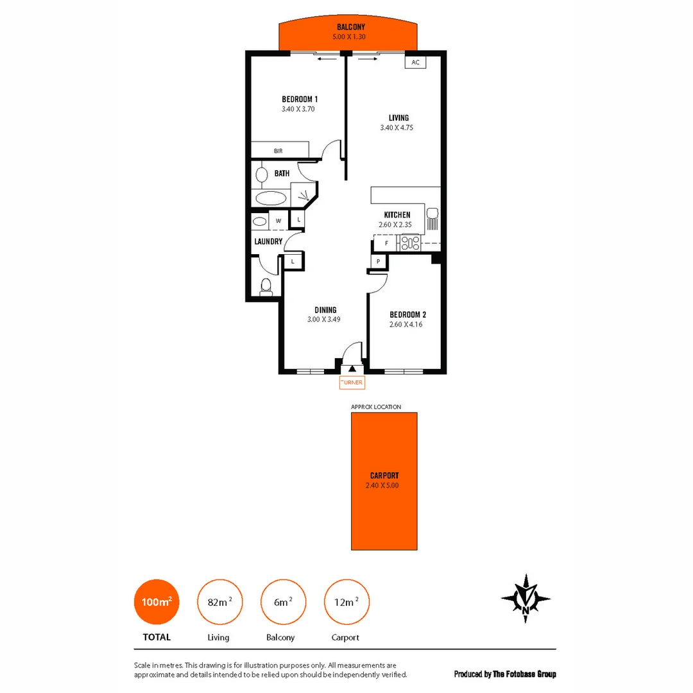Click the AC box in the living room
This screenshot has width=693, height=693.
[416, 62]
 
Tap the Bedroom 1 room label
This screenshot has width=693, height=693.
[300, 99]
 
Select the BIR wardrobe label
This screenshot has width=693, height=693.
[278, 151]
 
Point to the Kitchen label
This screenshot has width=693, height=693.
[397, 215]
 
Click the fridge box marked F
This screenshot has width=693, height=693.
[386, 243]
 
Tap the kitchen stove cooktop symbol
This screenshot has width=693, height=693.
[410, 243]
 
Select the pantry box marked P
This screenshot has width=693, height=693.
[379, 262]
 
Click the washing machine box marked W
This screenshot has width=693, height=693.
[278, 221]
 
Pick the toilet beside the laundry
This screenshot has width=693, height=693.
[266, 287]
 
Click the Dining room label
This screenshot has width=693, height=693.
[326, 310]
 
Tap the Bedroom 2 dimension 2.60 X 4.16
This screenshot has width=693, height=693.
[406, 325]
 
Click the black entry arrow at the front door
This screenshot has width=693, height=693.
[352, 368]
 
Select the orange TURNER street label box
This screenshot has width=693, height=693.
[352, 383]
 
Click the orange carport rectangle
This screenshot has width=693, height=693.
[384, 481]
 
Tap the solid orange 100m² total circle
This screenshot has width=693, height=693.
[157, 602]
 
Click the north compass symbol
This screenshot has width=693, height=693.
[526, 599]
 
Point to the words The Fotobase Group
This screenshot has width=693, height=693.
[524, 674]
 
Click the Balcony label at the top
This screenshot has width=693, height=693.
[350, 28]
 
